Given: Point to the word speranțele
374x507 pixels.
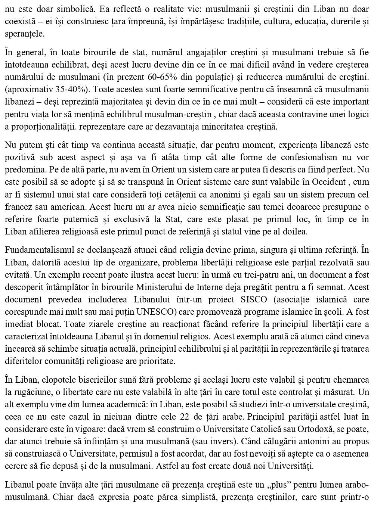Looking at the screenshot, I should (x=25, y=34).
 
